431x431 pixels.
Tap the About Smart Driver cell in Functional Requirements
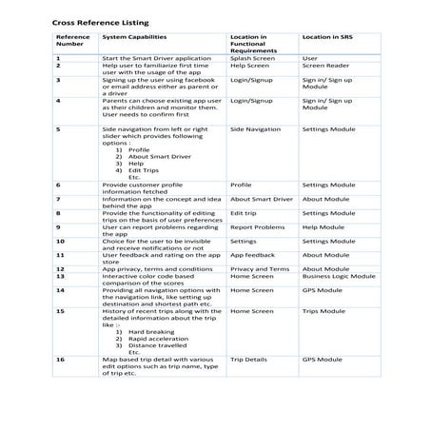262,199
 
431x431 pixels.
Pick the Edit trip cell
244,214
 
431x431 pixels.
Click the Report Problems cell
257,227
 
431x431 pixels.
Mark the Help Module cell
323,227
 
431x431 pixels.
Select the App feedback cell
252,255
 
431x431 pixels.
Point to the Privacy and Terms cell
260,269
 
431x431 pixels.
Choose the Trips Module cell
324,310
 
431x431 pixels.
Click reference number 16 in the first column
60,360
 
